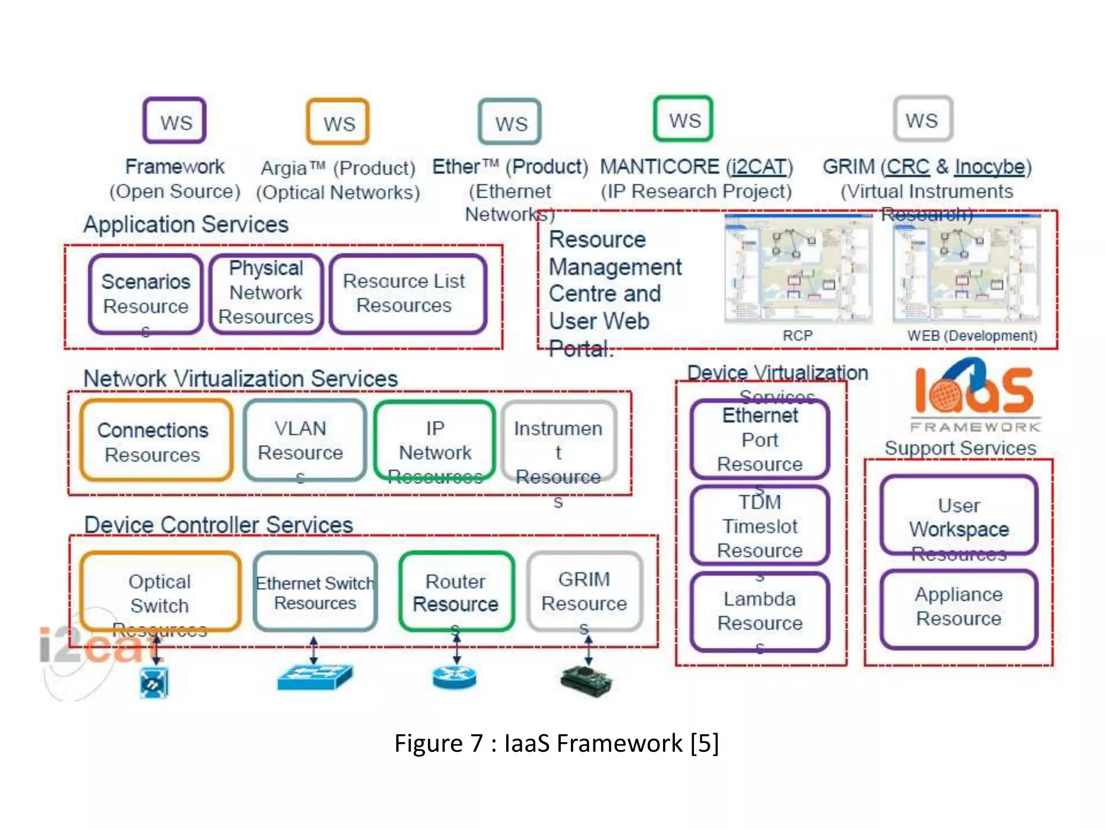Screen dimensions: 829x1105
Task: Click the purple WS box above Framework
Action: (174, 121)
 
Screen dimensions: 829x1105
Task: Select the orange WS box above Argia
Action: (338, 122)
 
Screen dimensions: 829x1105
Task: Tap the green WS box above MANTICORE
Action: (683, 119)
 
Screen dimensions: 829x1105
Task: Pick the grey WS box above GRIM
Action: (923, 119)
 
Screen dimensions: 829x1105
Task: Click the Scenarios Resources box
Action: (146, 294)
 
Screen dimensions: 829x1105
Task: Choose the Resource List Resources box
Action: (408, 294)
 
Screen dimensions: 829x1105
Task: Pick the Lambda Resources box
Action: (760, 611)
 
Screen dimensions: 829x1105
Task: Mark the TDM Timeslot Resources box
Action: (760, 526)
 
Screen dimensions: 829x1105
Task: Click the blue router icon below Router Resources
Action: (454, 677)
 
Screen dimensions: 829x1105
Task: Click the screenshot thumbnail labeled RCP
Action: (797, 270)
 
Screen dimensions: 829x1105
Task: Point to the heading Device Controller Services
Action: (218, 525)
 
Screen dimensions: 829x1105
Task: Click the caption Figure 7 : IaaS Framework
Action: (556, 743)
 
